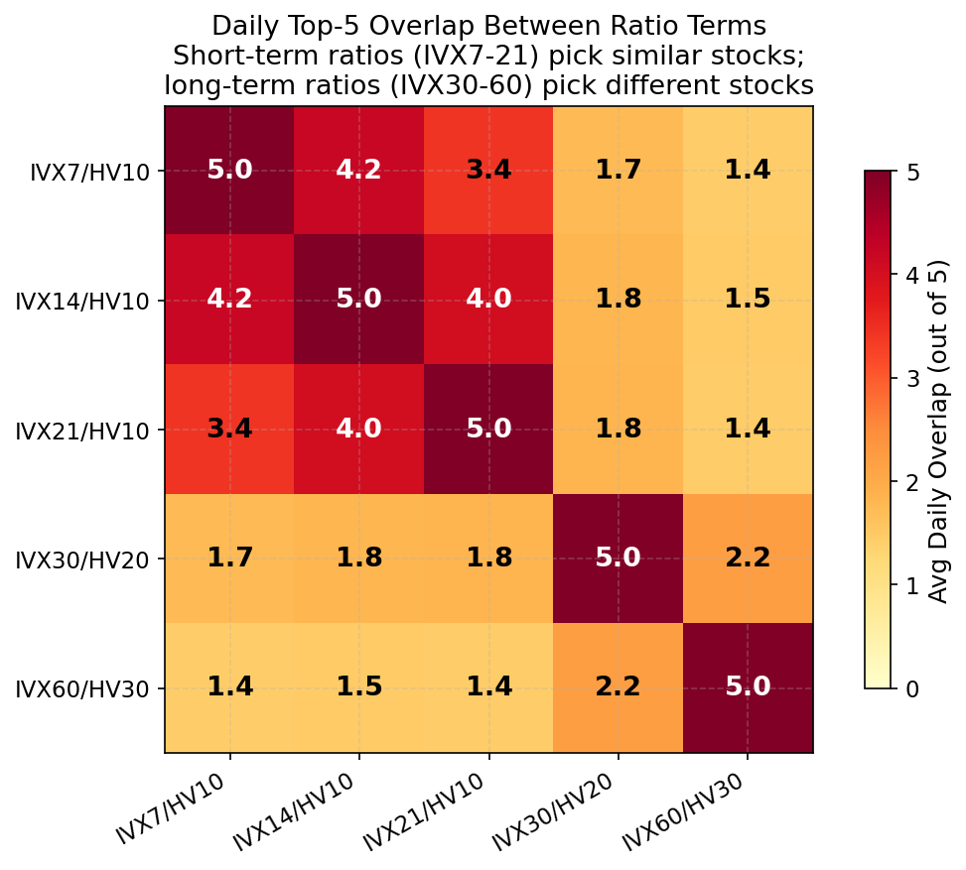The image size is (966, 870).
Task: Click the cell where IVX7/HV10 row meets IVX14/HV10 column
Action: [x=358, y=170]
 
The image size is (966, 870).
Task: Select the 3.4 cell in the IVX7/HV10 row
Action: [x=488, y=170]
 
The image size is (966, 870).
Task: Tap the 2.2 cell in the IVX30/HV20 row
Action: [x=748, y=559]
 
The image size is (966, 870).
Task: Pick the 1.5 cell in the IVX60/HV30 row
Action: [x=358, y=687]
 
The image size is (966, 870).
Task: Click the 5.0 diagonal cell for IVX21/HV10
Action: [x=488, y=430]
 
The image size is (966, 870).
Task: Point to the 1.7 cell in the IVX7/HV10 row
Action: [x=618, y=170]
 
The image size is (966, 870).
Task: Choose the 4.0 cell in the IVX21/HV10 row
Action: [x=358, y=430]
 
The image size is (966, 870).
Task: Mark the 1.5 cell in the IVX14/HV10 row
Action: [x=748, y=300]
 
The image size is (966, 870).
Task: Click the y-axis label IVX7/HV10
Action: [x=89, y=171]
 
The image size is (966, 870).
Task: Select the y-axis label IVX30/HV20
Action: [x=82, y=559]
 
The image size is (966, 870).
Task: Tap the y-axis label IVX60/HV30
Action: [x=82, y=688]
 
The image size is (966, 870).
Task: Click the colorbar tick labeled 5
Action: [x=910, y=172]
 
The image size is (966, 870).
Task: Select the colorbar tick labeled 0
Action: [x=910, y=688]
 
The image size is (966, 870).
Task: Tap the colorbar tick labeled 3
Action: [x=910, y=378]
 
